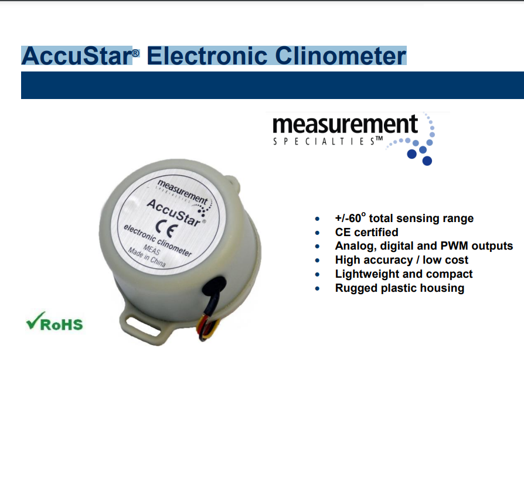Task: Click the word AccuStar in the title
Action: [77, 56]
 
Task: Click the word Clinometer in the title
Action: [341, 56]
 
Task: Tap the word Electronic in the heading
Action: [207, 56]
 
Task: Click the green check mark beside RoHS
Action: [35, 320]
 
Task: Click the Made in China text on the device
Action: [147, 258]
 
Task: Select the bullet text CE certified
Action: [366, 232]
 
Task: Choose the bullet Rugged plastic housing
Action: [400, 288]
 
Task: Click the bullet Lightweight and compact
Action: [404, 274]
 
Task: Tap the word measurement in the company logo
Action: [345, 125]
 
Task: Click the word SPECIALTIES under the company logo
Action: [324, 142]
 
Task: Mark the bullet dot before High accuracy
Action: [317, 261]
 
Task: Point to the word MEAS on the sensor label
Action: [152, 250]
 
